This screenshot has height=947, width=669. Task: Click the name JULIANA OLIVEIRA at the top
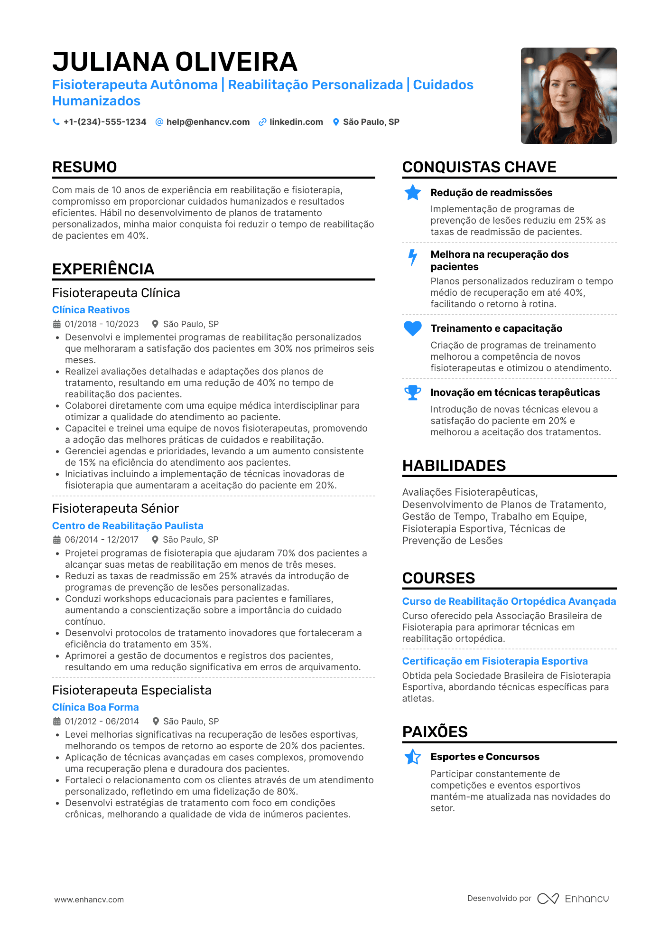pyautogui.click(x=175, y=62)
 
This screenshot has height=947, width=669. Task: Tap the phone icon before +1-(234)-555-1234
pyautogui.click(x=56, y=122)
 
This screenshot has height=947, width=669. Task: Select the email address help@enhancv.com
pyautogui.click(x=208, y=122)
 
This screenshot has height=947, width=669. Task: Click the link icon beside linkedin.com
pyautogui.click(x=262, y=122)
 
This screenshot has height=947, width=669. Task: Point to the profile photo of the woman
pyautogui.click(x=568, y=95)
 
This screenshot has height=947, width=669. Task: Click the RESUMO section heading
pyautogui.click(x=84, y=167)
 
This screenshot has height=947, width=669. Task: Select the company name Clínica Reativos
pyautogui.click(x=91, y=310)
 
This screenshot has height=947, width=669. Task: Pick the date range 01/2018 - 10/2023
pyautogui.click(x=102, y=324)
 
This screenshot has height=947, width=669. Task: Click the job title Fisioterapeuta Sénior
pyautogui.click(x=115, y=508)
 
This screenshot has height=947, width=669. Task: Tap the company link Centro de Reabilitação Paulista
pyautogui.click(x=128, y=526)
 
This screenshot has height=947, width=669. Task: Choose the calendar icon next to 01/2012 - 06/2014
pyautogui.click(x=57, y=722)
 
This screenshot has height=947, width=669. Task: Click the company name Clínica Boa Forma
pyautogui.click(x=95, y=707)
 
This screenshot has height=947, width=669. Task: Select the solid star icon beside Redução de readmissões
pyautogui.click(x=413, y=192)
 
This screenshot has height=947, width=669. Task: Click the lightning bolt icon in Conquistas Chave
pyautogui.click(x=413, y=257)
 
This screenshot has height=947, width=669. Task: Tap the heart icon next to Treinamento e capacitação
pyautogui.click(x=413, y=328)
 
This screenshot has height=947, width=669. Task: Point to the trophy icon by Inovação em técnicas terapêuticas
pyautogui.click(x=413, y=393)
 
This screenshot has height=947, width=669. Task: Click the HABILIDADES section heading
pyautogui.click(x=454, y=466)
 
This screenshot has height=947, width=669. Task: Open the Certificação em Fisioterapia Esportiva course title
pyautogui.click(x=495, y=661)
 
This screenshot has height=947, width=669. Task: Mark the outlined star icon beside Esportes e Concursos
pyautogui.click(x=413, y=757)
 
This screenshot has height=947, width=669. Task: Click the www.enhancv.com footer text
pyautogui.click(x=89, y=900)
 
